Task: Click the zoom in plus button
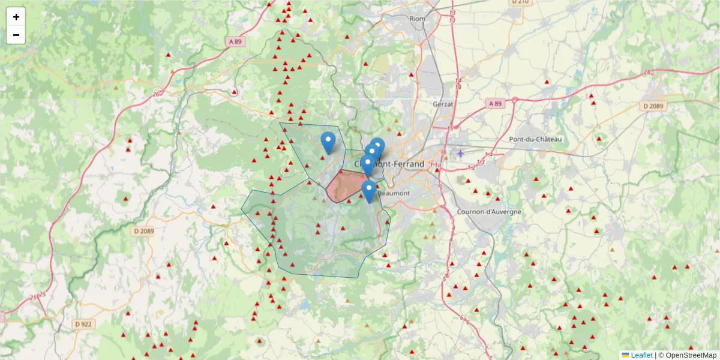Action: pos(16,17)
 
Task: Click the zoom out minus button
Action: pos(16,35)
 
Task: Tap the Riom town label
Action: pos(417,19)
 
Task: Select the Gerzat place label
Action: pos(445,104)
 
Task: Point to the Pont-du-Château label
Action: pos(535,139)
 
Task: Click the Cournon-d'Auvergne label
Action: pos(481,212)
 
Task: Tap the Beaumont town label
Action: pos(394,193)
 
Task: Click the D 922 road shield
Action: pos(83,324)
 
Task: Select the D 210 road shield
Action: pos(520,2)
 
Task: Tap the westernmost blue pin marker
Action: pos(328,142)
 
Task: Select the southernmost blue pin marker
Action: pos(368,191)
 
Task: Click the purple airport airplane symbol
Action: pos(460,152)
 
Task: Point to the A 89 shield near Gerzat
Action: pos(494,104)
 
